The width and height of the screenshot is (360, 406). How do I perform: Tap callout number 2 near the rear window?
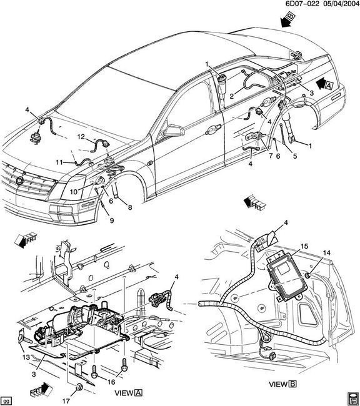(231, 96)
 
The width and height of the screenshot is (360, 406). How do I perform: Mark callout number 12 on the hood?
(81, 136)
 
